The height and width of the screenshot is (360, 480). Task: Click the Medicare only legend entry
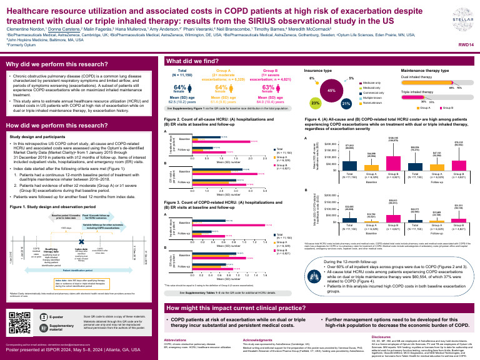pyautogui.click(x=372, y=82)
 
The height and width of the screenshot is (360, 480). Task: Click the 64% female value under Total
pyautogui.click(x=178, y=87)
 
